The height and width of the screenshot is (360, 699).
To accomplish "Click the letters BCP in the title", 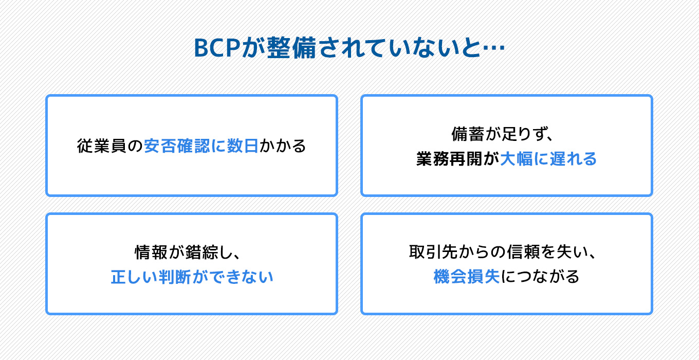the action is click(217, 48).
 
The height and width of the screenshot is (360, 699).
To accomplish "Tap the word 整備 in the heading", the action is click(291, 48).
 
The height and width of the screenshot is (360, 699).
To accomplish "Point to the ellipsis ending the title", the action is click(493, 48).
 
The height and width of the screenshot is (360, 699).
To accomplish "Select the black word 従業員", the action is click(102, 146).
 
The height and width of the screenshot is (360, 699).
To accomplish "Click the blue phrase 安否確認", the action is click(177, 146).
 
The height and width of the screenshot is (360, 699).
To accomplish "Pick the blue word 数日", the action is click(243, 146).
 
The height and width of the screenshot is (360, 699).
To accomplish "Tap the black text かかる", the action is click(283, 146).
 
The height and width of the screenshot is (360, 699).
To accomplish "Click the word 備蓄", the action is click(468, 134).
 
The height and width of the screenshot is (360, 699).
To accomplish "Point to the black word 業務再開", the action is click(449, 158).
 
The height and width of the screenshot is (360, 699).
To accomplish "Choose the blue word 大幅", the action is click(517, 158).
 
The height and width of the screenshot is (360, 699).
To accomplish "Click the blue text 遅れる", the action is click(573, 158).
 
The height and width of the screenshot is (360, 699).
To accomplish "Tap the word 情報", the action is click(151, 253).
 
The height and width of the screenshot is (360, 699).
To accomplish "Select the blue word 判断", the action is click(175, 277).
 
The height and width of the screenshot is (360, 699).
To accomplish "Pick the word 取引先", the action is click(434, 252).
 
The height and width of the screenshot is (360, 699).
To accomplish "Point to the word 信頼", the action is click(523, 252).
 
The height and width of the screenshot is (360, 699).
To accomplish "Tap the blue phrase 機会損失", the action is click(467, 277).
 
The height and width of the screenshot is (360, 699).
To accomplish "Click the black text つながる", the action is click(548, 277).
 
